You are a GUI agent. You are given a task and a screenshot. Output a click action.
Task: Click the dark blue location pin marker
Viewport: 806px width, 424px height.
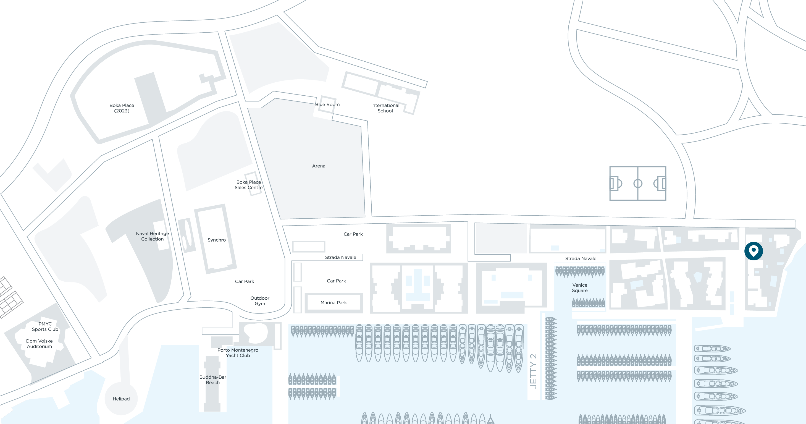point(754,251)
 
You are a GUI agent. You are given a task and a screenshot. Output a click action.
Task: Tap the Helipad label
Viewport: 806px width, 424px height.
point(121,399)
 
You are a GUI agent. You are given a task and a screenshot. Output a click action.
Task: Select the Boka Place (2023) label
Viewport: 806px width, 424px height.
point(122,108)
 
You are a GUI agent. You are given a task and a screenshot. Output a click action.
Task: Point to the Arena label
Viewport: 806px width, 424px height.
point(319,166)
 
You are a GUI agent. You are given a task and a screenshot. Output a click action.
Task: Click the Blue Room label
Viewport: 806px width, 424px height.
point(327,104)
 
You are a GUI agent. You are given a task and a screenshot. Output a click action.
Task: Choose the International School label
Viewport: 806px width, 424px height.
point(385,108)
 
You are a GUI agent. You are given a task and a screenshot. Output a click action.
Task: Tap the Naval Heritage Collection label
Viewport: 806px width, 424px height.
point(152,236)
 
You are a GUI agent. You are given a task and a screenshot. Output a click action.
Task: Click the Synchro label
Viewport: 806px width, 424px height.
point(217,240)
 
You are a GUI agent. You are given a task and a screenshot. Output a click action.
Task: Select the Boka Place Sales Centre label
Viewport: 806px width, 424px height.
point(249,185)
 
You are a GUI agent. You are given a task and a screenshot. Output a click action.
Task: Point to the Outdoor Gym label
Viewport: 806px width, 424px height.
point(260,301)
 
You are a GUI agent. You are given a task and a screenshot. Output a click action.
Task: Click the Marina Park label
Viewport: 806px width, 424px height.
point(334,303)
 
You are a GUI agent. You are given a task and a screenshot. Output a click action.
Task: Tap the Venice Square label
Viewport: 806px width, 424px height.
point(580,287)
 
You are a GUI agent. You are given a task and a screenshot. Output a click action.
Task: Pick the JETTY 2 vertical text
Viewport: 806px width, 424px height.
point(534,371)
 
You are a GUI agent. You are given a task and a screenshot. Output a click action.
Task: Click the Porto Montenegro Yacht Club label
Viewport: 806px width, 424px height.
point(238,353)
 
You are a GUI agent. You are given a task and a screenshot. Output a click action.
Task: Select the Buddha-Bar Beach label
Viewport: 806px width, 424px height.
point(213,379)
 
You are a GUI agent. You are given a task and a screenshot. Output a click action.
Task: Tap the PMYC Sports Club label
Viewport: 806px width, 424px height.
point(45,326)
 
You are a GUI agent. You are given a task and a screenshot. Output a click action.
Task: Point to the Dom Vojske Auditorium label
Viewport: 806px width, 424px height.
point(40,344)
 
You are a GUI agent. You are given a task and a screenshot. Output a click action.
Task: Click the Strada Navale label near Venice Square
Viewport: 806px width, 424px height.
point(581,258)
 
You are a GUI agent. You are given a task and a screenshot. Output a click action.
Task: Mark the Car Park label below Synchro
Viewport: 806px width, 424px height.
point(244,281)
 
